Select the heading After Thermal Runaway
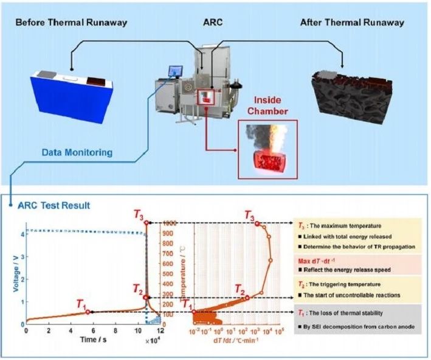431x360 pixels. [353, 23]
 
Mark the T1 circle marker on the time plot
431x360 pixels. [88, 312]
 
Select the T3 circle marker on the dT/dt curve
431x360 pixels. [257, 224]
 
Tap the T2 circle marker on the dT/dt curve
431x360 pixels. [247, 297]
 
